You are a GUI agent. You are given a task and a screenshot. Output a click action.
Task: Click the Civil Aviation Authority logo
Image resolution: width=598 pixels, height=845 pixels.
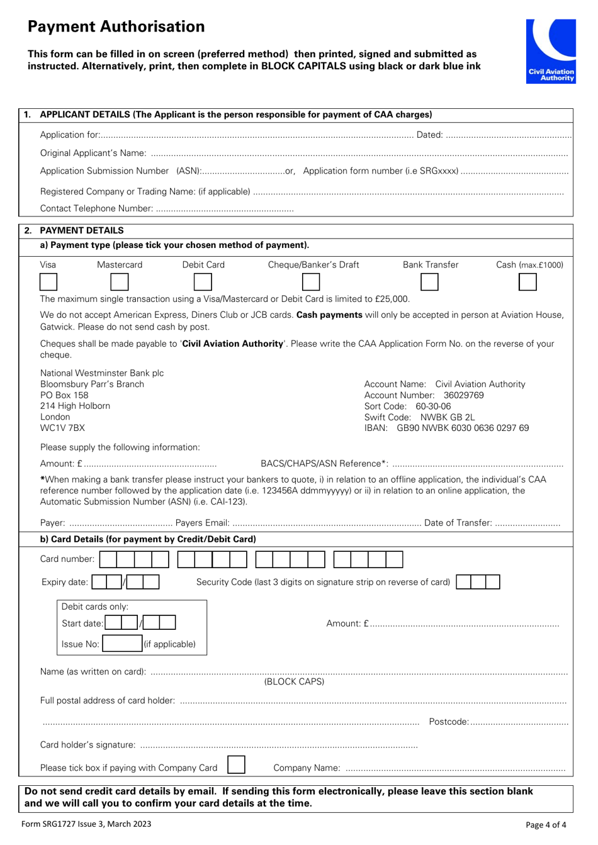551,50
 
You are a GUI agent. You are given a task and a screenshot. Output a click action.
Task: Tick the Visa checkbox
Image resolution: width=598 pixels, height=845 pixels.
48,282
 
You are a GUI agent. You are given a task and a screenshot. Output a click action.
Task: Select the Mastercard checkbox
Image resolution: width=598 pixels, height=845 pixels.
120,282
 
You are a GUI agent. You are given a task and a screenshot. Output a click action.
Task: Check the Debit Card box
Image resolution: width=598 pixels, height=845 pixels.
203,282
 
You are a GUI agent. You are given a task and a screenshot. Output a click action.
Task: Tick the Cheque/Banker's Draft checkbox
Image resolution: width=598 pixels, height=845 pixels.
311,282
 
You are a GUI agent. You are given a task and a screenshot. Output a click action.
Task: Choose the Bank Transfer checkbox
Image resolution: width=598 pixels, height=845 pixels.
429,282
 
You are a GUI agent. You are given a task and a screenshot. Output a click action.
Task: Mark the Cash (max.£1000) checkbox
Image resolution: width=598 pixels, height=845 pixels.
527,282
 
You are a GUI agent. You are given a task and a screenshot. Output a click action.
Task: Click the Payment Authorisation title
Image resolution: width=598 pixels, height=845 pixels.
116,26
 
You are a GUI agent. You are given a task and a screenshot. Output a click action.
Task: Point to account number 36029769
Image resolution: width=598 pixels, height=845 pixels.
463,395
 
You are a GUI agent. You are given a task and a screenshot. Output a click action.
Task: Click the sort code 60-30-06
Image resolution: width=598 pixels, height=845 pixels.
433,406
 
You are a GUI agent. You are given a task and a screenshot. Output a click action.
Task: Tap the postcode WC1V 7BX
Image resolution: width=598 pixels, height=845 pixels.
62,428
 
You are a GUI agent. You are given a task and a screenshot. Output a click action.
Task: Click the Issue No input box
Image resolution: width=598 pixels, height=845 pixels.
123,644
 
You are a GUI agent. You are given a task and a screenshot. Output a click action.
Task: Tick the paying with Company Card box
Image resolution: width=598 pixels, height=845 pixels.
236,765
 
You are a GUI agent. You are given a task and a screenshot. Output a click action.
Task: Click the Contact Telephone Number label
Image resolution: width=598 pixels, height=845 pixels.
96,208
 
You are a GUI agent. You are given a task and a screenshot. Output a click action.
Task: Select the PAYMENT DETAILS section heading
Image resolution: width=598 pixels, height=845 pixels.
81,230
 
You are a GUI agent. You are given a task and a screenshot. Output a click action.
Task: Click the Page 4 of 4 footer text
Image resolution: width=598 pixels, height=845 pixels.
546,825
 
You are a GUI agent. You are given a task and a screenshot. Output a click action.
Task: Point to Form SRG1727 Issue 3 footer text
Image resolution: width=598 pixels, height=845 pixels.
86,824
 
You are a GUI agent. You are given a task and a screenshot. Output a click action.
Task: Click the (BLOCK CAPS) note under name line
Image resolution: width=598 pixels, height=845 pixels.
294,681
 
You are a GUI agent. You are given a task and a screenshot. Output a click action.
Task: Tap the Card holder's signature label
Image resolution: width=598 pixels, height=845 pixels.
87,745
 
